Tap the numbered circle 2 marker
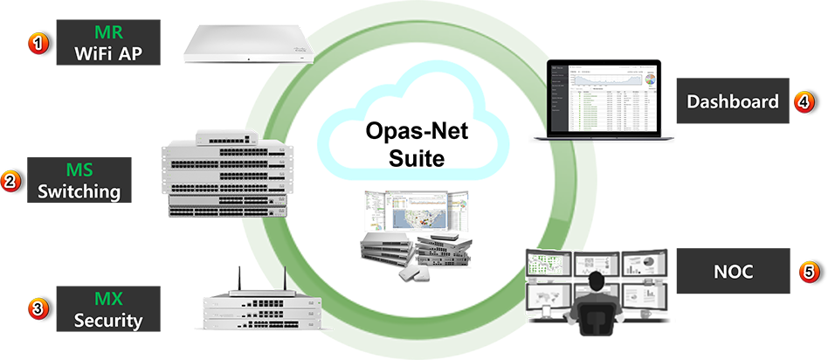pyautogui.click(x=10, y=181)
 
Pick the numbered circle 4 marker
pyautogui.click(x=804, y=102)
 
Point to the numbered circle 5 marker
pyautogui.click(x=809, y=273)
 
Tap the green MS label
pyautogui.click(x=79, y=169)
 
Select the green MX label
pyautogui.click(x=108, y=299)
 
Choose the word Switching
pyautogui.click(x=79, y=190)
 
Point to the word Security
pyautogui.click(x=108, y=320)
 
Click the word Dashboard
pyautogui.click(x=732, y=102)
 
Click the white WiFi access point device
pyautogui.click(x=247, y=43)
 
